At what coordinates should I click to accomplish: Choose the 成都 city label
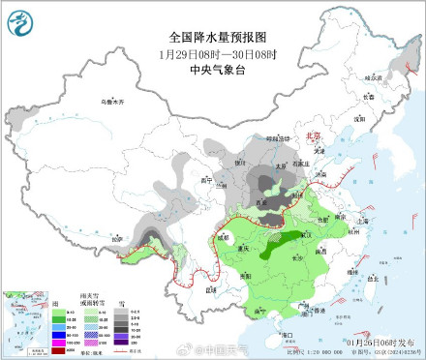click(222, 236)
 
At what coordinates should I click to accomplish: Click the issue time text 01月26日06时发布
click(374, 342)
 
